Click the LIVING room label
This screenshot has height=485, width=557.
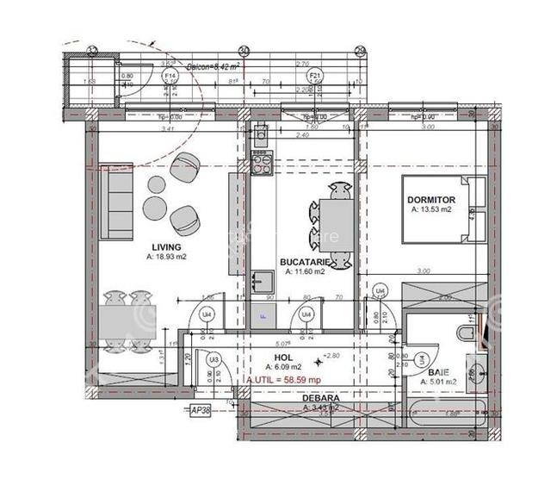point(164,246)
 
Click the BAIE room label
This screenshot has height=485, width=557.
point(438,374)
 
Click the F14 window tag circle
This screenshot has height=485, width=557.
point(170,76)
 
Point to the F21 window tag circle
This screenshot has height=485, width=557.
point(314,76)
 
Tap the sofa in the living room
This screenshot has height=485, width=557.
point(115,203)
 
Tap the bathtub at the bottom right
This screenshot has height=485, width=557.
point(448,418)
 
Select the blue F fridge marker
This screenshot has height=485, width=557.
point(263,316)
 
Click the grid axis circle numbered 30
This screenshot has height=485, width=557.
point(244,51)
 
